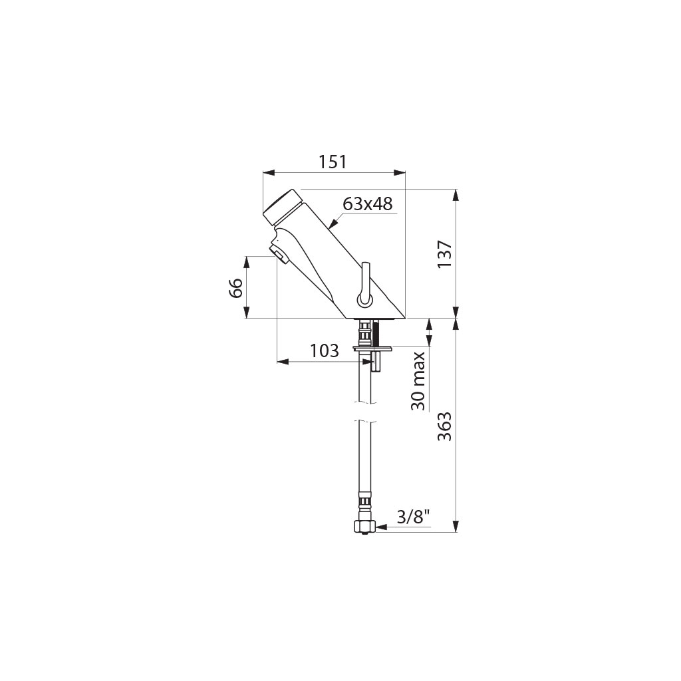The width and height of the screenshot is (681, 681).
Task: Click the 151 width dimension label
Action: click(x=333, y=162)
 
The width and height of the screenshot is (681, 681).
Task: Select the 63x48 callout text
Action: click(x=367, y=204)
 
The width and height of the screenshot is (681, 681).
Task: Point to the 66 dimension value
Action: click(x=236, y=287)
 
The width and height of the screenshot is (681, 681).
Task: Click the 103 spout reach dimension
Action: click(x=324, y=350)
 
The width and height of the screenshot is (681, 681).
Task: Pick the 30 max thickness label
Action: click(x=418, y=381)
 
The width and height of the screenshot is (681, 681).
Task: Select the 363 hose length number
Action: click(x=445, y=426)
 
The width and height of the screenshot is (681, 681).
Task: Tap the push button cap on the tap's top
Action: click(x=281, y=207)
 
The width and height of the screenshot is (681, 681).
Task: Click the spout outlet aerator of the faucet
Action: click(x=279, y=253)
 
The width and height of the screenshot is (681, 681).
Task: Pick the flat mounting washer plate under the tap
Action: click(x=373, y=348)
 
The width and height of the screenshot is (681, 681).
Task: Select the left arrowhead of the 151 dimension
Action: click(x=269, y=173)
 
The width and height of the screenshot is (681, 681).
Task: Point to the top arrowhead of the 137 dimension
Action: click(x=456, y=195)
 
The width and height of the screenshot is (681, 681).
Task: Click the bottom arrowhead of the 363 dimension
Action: click(x=456, y=526)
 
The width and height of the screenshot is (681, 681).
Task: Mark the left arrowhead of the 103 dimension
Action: click(x=283, y=361)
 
